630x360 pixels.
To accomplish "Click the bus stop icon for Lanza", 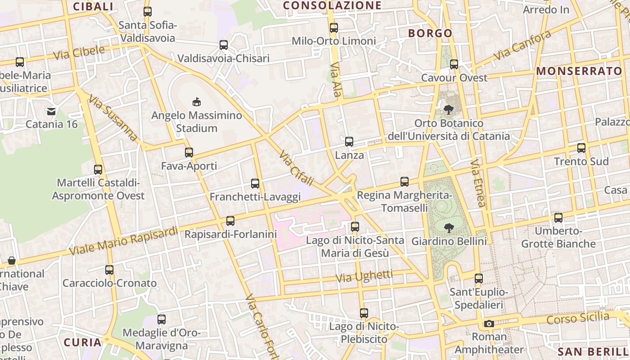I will coord(349,142).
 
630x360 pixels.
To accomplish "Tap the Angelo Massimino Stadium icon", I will coord(197,102).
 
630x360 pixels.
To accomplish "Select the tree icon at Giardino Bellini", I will coord(449,228).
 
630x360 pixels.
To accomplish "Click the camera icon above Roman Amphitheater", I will coord(489,324).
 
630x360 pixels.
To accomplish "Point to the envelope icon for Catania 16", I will coord(51,111).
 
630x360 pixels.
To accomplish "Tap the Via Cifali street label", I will coord(296,168).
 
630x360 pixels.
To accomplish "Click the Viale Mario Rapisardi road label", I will coord(124,241).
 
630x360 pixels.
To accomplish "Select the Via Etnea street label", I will coord(478,183).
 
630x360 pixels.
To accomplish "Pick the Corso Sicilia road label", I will coord(578,318).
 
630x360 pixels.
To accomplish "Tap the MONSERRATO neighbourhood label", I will coord(579,71).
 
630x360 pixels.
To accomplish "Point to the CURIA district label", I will coord(82,342).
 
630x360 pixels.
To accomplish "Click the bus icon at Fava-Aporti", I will coord(189,153).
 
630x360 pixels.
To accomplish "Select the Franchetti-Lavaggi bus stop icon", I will coord(255,184).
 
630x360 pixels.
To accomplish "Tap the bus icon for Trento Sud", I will coord(581,148).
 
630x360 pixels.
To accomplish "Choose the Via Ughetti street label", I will coord(364,276).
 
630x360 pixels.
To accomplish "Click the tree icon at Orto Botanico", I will coord(449,109).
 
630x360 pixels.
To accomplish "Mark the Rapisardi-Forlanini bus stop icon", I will coord(230,221).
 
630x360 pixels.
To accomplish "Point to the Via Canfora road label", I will coord(522,45).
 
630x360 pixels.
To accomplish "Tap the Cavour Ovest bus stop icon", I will coord(454,64).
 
